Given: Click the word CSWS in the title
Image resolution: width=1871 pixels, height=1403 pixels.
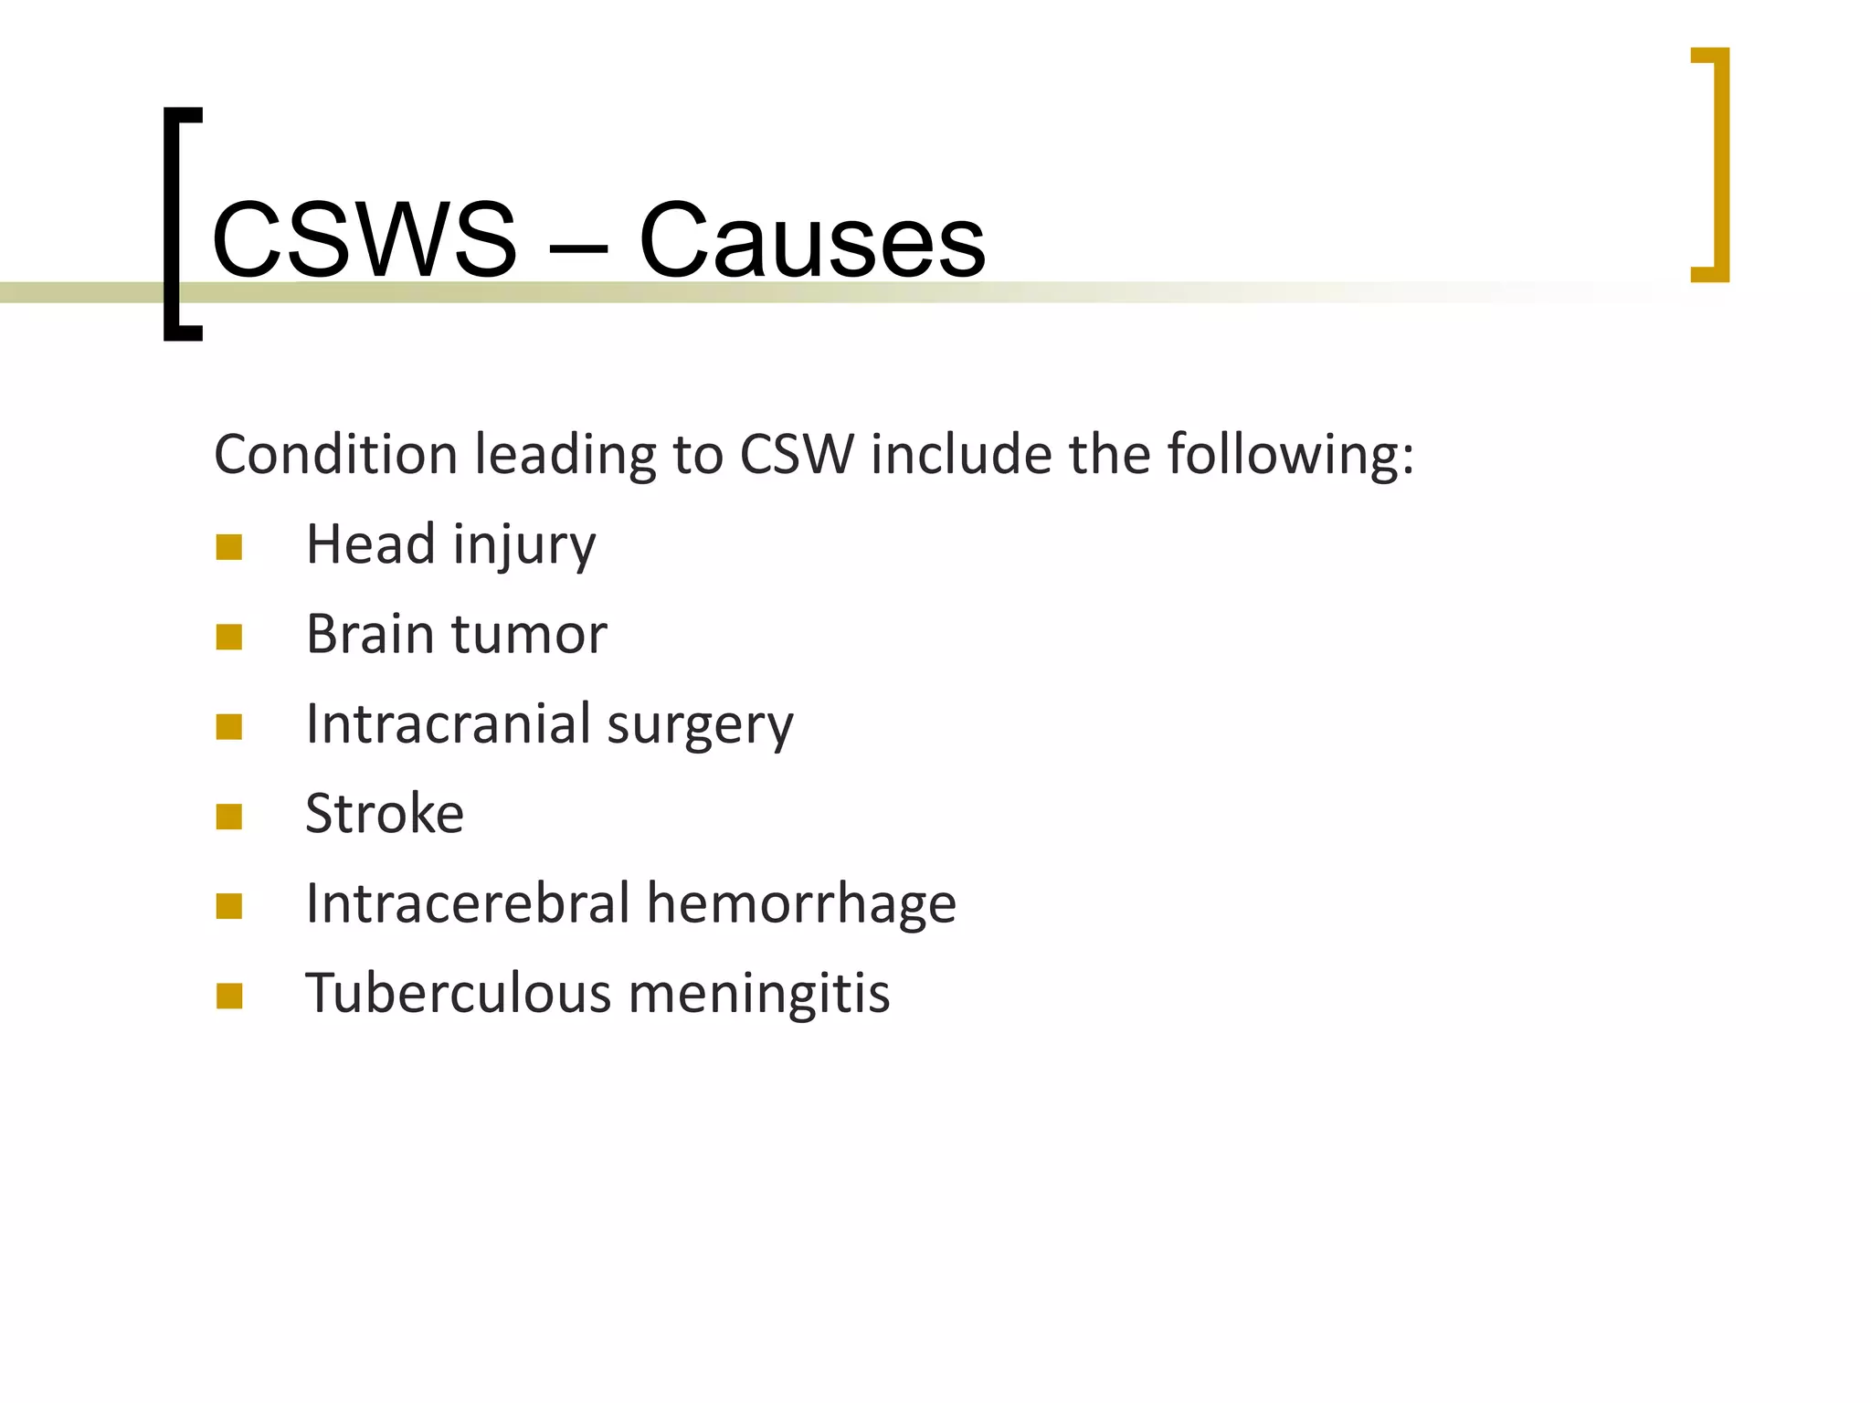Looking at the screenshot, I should [x=364, y=239].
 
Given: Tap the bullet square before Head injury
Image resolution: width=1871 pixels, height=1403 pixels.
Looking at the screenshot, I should [x=229, y=547].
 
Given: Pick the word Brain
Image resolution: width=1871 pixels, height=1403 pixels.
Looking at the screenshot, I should [x=370, y=634].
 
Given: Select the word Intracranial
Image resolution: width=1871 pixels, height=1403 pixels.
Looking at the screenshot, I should [x=449, y=723].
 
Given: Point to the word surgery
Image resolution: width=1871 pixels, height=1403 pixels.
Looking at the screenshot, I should [x=701, y=727].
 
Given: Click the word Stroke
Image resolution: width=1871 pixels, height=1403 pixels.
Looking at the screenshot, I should [x=385, y=813].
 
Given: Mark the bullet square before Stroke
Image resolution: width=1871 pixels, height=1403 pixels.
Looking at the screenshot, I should [x=229, y=816].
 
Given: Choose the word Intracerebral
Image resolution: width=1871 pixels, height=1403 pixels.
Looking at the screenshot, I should [x=468, y=903].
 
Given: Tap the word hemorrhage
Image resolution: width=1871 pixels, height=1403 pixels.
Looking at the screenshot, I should [x=801, y=903].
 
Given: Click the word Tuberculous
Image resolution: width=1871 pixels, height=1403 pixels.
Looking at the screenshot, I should [x=458, y=993].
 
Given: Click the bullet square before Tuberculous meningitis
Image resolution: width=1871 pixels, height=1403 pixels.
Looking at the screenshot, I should [x=229, y=996].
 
